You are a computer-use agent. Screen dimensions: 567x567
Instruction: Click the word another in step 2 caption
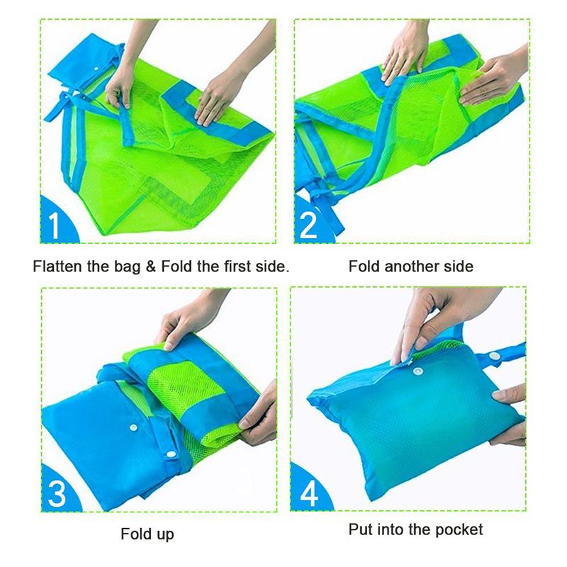[x=409, y=267]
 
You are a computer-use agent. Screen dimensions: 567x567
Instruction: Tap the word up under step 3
[x=164, y=534]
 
